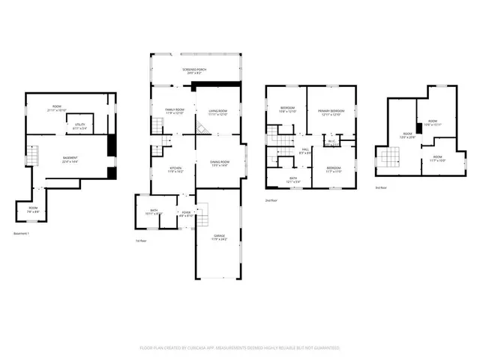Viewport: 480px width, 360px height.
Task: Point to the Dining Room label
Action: [219, 163]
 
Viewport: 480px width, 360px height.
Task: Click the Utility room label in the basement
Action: [78, 127]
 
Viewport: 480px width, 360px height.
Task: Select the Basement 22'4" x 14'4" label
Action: [70, 159]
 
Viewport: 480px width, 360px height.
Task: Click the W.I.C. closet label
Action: [331, 142]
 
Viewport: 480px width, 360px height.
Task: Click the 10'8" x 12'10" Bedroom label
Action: [288, 109]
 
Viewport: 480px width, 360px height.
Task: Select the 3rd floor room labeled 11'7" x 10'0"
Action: [437, 158]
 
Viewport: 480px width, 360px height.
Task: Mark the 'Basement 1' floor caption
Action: [23, 234]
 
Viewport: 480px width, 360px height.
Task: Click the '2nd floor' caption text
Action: [271, 200]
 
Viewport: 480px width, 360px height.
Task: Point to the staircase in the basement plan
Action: [31, 156]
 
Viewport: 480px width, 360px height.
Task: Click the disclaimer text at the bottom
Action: [240, 348]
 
